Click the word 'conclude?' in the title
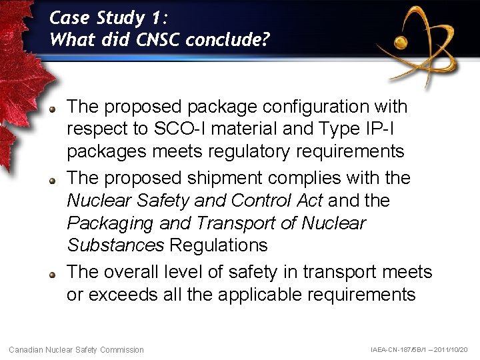coord(228,39)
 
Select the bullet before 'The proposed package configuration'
coord(55,107)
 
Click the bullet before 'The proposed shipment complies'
coord(55,179)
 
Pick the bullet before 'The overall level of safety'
coord(55,273)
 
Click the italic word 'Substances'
coord(115,245)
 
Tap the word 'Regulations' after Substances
coord(218,245)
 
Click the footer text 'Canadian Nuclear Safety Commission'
coord(76,349)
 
